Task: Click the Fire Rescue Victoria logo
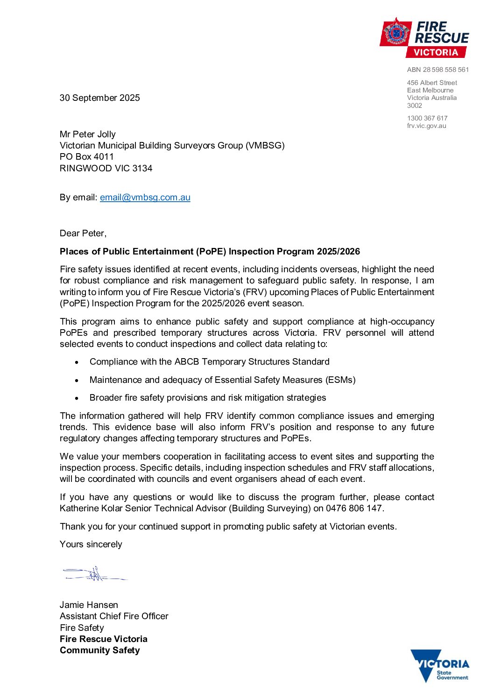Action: click(424, 38)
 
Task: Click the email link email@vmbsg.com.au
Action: click(145, 197)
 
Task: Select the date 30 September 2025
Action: click(99, 98)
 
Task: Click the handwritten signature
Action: click(94, 573)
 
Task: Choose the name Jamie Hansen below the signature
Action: click(89, 605)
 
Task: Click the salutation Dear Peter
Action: click(83, 233)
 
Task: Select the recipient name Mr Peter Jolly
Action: click(87, 134)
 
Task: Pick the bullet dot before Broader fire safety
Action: click(77, 398)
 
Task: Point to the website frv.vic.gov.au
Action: click(426, 126)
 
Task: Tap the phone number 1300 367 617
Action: click(427, 118)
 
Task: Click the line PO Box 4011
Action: click(86, 156)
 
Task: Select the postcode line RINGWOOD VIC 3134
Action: click(106, 168)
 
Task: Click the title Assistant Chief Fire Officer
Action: click(114, 616)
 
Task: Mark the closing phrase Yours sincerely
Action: click(91, 544)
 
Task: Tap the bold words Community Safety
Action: click(99, 650)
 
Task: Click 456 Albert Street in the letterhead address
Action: click(431, 83)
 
